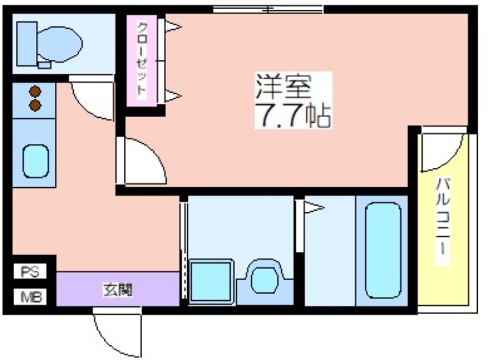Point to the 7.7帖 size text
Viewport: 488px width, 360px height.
pyautogui.click(x=293, y=115)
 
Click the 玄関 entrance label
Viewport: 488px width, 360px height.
pyautogui.click(x=118, y=290)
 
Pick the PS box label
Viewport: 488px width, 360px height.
pyautogui.click(x=30, y=272)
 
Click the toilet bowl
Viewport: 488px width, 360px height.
pyautogui.click(x=60, y=44)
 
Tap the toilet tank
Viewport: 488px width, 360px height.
pyautogui.click(x=27, y=43)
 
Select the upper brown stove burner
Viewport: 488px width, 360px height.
pyautogui.click(x=35, y=92)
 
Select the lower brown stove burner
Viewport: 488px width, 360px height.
pyautogui.click(x=35, y=106)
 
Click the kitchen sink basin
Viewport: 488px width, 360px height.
pyautogui.click(x=36, y=161)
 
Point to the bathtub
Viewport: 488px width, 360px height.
pyautogui.click(x=383, y=250)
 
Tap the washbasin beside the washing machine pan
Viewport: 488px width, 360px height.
pyautogui.click(x=265, y=276)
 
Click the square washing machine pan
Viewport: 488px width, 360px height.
pyautogui.click(x=212, y=281)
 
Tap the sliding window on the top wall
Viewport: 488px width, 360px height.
pyautogui.click(x=268, y=10)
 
